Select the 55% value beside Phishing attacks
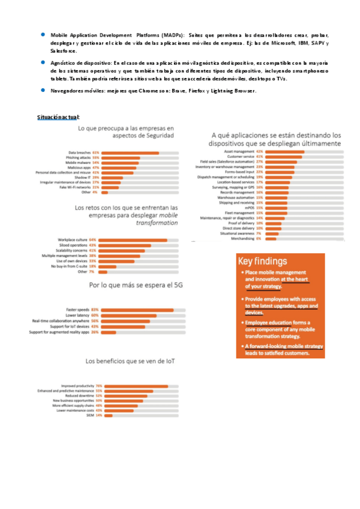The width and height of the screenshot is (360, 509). click(x=95, y=158)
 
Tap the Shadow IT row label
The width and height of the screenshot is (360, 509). click(x=83, y=178)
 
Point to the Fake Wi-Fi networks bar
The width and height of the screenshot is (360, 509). click(x=110, y=187)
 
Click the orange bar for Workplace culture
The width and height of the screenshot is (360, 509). click(x=133, y=240)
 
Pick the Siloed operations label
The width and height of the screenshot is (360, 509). click(x=73, y=245)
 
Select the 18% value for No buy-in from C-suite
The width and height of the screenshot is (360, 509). click(x=92, y=267)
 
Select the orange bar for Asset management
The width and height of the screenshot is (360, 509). click(x=284, y=152)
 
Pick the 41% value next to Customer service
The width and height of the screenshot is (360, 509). click(x=259, y=157)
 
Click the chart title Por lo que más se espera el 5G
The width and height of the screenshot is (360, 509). click(x=136, y=285)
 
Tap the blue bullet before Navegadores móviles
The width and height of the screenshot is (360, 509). click(x=43, y=90)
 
